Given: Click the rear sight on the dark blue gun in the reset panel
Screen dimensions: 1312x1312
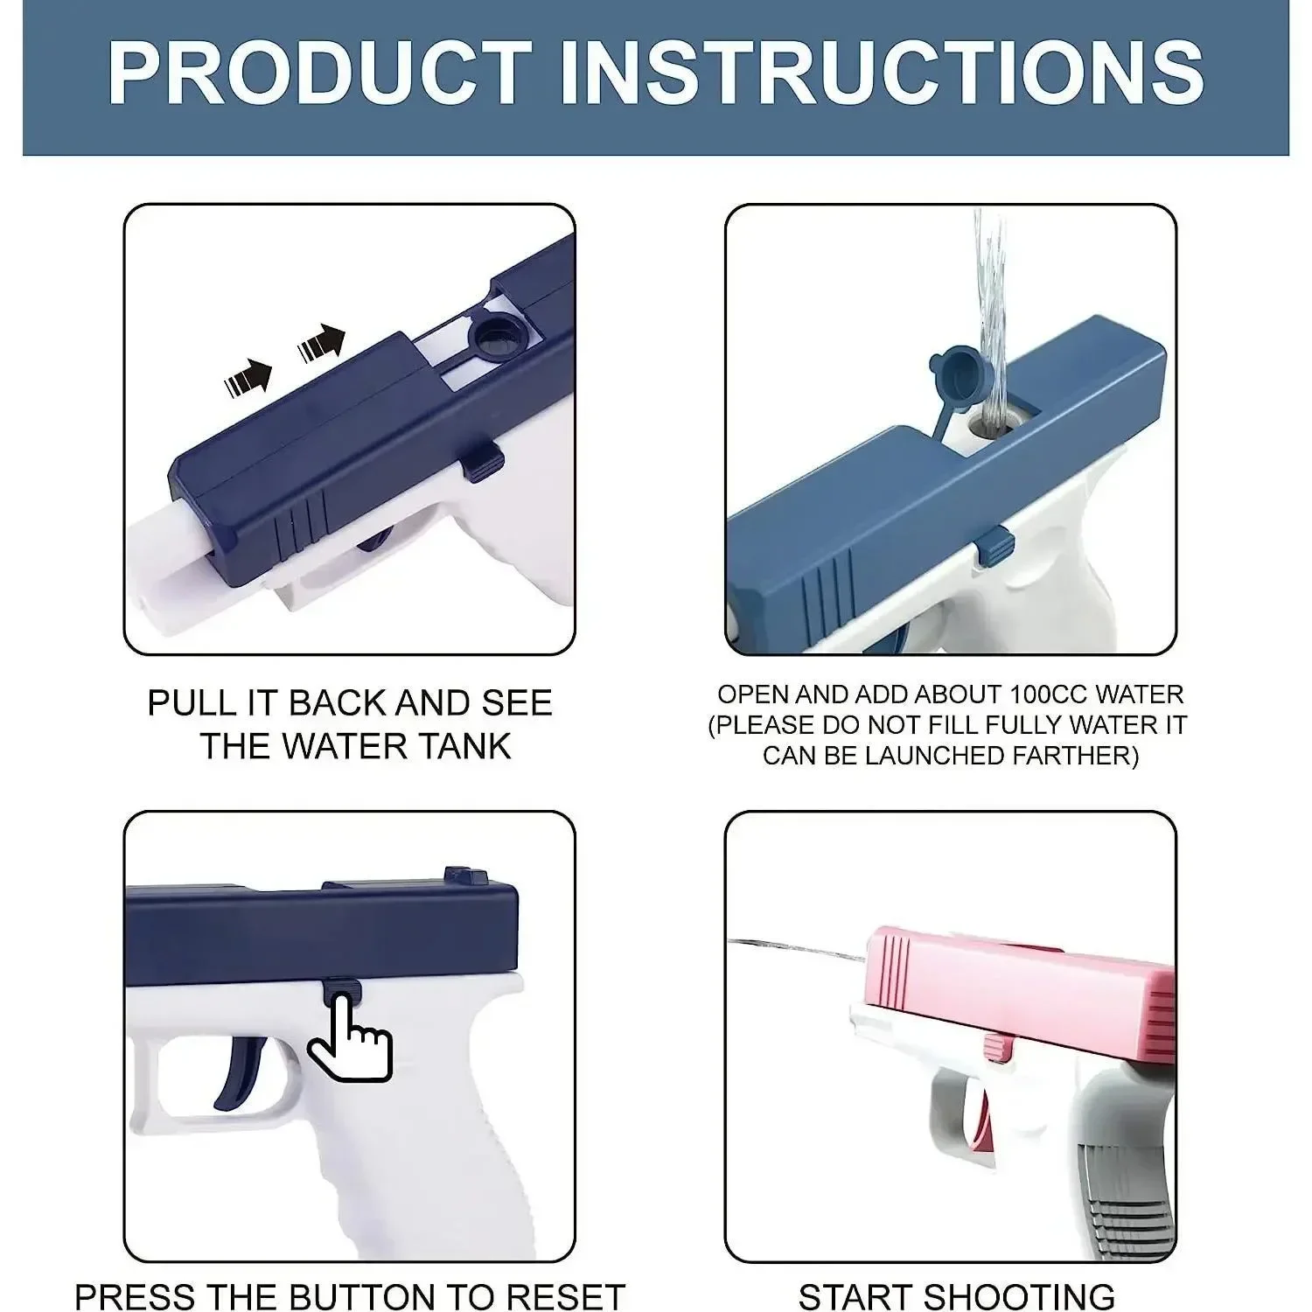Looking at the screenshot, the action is (x=465, y=875).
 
